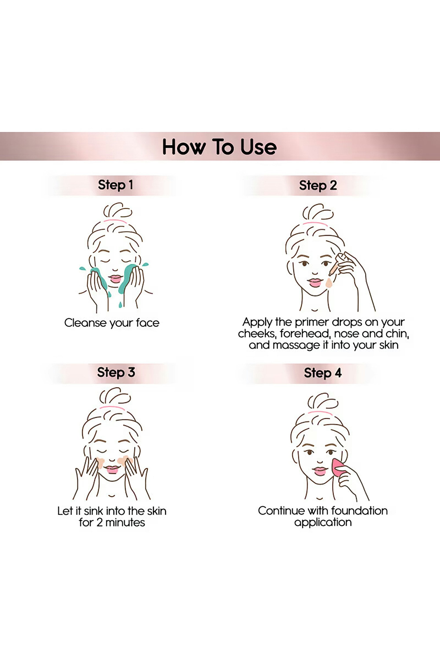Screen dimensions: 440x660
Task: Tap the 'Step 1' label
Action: pos(115,185)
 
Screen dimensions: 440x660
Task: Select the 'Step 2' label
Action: pos(318,185)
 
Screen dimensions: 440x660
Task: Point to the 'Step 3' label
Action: pos(116,373)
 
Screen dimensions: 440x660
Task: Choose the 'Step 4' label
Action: pos(323,373)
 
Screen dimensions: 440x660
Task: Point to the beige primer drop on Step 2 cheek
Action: pos(329,283)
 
